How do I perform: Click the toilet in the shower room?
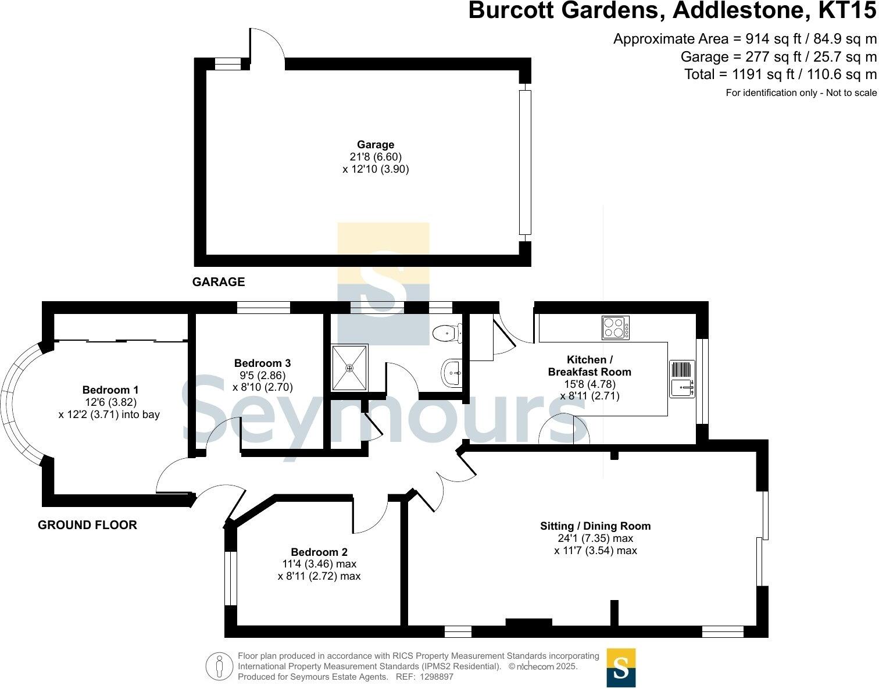447,333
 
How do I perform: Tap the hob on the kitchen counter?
616,327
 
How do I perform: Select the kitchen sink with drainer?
682,379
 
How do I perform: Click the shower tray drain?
349,368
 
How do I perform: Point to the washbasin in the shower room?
452,372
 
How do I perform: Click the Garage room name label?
376,144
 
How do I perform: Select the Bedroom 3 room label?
263,363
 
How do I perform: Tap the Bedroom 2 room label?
319,552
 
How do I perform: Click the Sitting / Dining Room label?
595,526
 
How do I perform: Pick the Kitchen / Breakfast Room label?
589,365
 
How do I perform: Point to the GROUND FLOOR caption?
87,525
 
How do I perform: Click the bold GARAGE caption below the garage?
219,282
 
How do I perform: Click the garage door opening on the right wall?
525,162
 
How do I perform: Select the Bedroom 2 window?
230,578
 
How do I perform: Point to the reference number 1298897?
437,676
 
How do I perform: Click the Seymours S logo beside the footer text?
621,667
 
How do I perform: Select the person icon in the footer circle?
220,666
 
